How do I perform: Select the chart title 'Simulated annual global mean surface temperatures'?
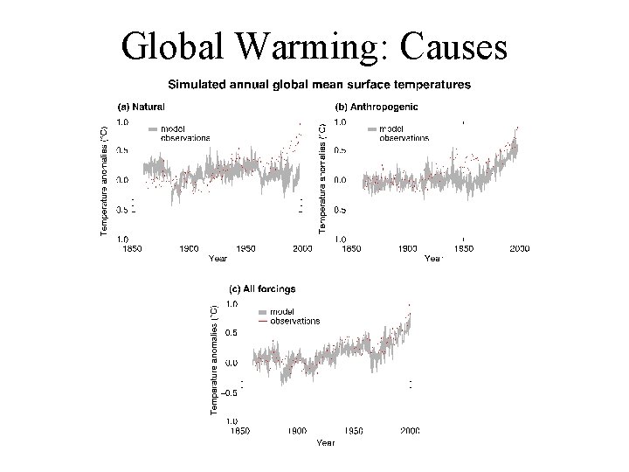(318, 85)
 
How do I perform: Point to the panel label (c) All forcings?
(262, 288)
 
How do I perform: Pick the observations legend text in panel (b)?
(404, 138)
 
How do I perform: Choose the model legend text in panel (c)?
(281, 311)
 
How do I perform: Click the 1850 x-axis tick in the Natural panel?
(130, 249)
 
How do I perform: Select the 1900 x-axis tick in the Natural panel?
(189, 249)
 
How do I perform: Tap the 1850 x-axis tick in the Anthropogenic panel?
(350, 249)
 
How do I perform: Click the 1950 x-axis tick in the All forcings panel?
(355, 431)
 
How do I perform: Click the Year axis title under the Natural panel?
(217, 259)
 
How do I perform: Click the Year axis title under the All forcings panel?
(325, 442)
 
